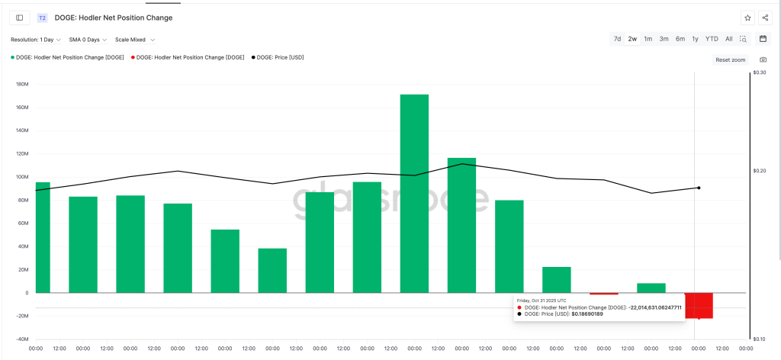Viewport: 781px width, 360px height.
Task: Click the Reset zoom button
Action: click(x=731, y=59)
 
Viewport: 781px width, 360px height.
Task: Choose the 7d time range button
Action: click(x=617, y=39)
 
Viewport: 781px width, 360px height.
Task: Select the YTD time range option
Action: click(x=711, y=39)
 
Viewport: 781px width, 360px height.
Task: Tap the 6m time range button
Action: click(x=680, y=39)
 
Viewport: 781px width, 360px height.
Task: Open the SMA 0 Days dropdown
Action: click(x=88, y=40)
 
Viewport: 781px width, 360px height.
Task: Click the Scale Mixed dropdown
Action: click(x=135, y=40)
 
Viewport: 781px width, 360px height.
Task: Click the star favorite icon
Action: click(x=747, y=18)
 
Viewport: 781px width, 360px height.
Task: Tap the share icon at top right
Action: click(x=765, y=18)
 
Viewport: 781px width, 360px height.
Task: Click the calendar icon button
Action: click(x=763, y=39)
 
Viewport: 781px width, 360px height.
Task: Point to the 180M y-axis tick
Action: click(x=21, y=84)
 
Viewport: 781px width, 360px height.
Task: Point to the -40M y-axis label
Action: click(x=21, y=339)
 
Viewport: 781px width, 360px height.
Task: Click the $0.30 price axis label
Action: click(x=760, y=73)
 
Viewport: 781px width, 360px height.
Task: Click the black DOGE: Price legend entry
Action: click(x=280, y=57)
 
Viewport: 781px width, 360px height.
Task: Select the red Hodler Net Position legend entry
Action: click(x=190, y=57)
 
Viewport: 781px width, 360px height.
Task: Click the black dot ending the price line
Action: click(x=699, y=188)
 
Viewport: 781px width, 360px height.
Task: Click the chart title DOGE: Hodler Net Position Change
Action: click(x=113, y=18)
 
